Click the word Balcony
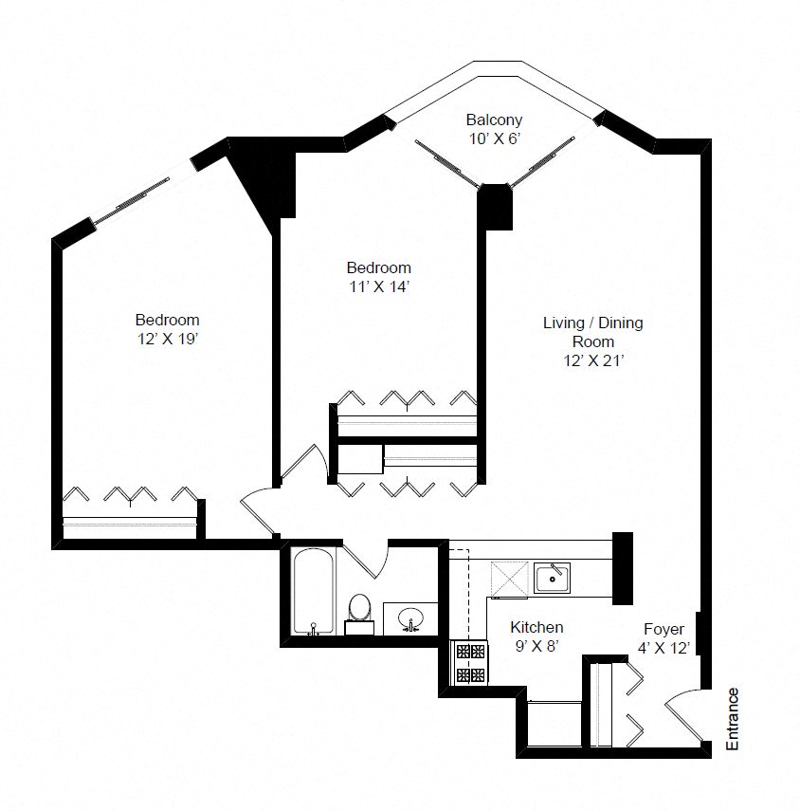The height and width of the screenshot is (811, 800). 493,120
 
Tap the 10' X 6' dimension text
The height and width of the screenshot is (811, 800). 493,138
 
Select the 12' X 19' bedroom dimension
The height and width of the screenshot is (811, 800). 167,338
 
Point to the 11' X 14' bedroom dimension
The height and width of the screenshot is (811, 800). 378,286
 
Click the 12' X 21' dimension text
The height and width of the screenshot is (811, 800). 592,359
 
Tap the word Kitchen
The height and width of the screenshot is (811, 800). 536,627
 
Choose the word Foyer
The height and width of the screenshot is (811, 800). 664,629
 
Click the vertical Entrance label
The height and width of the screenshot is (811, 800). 732,719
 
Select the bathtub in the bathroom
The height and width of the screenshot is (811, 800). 312,592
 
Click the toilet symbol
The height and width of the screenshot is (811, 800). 359,609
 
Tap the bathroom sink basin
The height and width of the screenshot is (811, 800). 409,618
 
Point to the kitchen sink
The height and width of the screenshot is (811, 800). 551,577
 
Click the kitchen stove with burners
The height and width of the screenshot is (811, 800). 471,662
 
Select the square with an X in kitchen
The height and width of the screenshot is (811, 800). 509,579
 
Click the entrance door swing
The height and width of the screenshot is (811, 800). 684,714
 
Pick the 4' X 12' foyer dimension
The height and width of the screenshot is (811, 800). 664,648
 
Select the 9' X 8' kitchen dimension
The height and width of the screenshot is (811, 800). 536,647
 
